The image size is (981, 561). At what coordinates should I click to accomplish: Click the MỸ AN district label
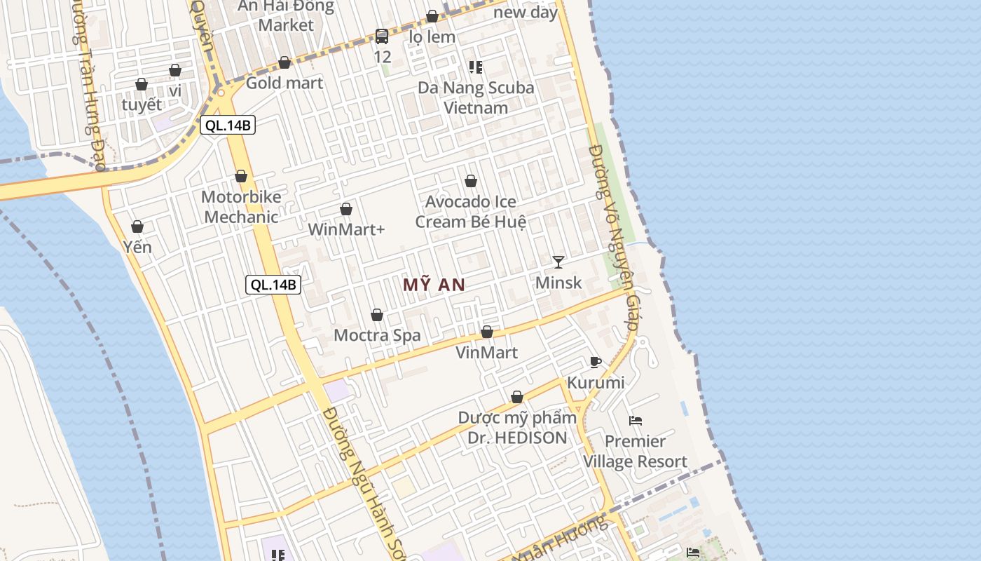[x=434, y=285]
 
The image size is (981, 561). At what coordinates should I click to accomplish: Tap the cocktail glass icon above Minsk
[x=558, y=262]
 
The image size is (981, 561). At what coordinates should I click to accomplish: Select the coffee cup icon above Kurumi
[x=596, y=362]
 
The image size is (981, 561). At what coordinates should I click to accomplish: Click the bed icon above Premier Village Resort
[x=636, y=421]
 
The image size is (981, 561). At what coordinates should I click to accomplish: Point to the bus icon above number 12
[x=382, y=36]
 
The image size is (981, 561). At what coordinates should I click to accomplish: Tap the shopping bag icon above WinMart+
[x=345, y=209]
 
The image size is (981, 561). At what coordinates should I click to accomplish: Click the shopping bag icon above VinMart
[x=487, y=332]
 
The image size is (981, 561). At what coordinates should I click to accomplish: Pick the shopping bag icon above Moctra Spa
[x=377, y=315]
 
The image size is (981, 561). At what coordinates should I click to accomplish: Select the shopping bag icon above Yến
[x=137, y=227]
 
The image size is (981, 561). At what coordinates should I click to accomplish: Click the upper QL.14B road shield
[x=227, y=126]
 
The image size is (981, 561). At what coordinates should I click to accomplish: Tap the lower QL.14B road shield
[x=273, y=285]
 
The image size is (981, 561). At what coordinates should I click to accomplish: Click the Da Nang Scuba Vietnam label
[x=476, y=97]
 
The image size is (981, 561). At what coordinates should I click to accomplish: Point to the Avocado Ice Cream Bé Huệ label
[x=471, y=212]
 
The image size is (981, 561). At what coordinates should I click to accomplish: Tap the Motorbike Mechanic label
[x=241, y=207]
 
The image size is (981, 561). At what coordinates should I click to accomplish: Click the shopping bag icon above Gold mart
[x=284, y=62]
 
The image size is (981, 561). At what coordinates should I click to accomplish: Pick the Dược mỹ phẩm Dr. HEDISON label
[x=517, y=428]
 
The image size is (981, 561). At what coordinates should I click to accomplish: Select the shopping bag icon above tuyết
[x=142, y=84]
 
